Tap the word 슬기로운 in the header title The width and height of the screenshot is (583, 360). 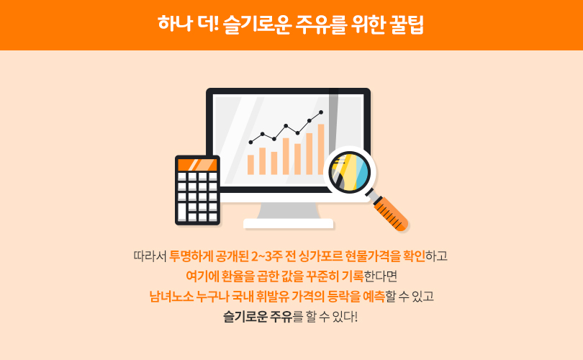tap(256, 25)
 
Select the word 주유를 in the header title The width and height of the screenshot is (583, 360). tap(321, 25)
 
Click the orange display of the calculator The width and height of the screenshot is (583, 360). tap(197, 164)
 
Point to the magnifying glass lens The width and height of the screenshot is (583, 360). tap(350, 172)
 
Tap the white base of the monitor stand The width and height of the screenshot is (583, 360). tap(288, 223)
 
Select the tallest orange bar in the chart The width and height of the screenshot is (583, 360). tap(321, 149)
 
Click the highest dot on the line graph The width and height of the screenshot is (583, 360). tap(321, 112)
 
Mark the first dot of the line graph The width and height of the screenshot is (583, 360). tap(250, 142)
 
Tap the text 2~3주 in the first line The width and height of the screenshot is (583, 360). tap(266, 256)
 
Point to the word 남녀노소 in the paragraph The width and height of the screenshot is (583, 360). tap(171, 297)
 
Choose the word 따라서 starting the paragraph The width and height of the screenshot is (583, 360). tap(150, 256)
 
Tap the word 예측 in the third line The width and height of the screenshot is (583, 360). tap(374, 297)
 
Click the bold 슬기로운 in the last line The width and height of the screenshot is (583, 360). tap(245, 317)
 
